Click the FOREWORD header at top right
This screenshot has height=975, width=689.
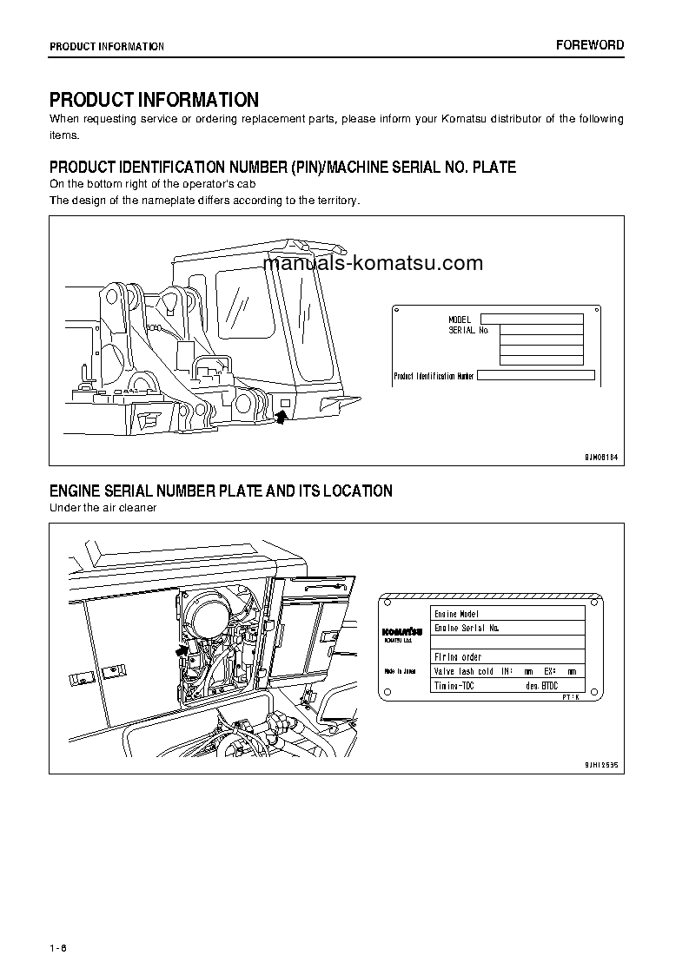[x=590, y=45]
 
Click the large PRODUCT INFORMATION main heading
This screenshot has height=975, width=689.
[x=154, y=100]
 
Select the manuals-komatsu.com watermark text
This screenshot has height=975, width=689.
[x=372, y=263]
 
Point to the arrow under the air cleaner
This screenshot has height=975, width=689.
[x=182, y=649]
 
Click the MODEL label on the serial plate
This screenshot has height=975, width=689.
[x=460, y=320]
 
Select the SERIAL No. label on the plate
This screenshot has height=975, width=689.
[x=469, y=331]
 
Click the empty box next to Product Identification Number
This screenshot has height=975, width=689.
[x=536, y=375]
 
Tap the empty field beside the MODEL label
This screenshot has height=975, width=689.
[x=532, y=320]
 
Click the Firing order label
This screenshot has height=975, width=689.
[x=458, y=657]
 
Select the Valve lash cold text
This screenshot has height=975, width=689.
[x=464, y=671]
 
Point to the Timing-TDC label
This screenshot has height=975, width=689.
[x=454, y=686]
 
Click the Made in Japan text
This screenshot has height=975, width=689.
[x=401, y=671]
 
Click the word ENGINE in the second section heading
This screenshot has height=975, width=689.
[x=77, y=491]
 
